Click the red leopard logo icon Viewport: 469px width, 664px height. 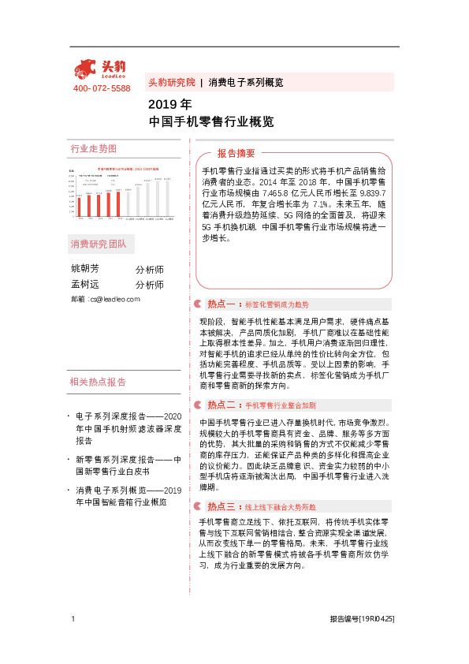pyautogui.click(x=87, y=69)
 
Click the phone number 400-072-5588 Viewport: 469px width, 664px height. pyautogui.click(x=102, y=88)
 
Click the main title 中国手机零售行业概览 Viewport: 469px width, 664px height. pyautogui.click(x=211, y=122)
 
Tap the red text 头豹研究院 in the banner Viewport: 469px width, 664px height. pyautogui.click(x=172, y=82)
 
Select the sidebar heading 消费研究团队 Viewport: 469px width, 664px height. pyautogui.click(x=99, y=243)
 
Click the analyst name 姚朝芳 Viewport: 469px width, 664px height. pyautogui.click(x=86, y=269)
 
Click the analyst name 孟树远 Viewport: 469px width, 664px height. pyautogui.click(x=86, y=285)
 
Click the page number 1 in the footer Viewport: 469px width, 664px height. pyautogui.click(x=73, y=620)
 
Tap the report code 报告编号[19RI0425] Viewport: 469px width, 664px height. pyautogui.click(x=362, y=621)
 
